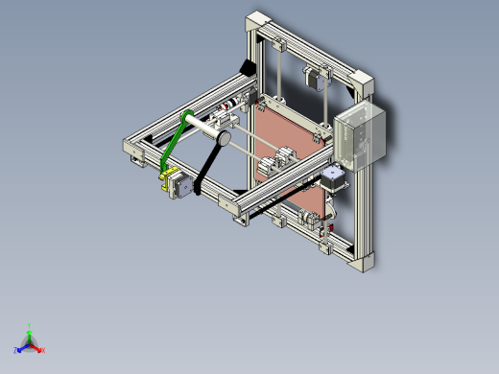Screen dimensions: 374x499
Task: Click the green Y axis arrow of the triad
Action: coord(30,329)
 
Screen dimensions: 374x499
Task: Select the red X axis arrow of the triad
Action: coord(39,349)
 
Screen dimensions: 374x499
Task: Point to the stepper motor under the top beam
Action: coord(313,77)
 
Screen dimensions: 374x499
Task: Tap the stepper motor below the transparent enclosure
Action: coord(333,181)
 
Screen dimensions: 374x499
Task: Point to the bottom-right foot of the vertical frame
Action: coord(364,262)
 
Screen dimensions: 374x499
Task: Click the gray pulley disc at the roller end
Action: coord(221,138)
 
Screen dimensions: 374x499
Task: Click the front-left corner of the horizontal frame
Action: coord(132,148)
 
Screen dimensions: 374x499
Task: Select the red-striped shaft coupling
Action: coord(229,105)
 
